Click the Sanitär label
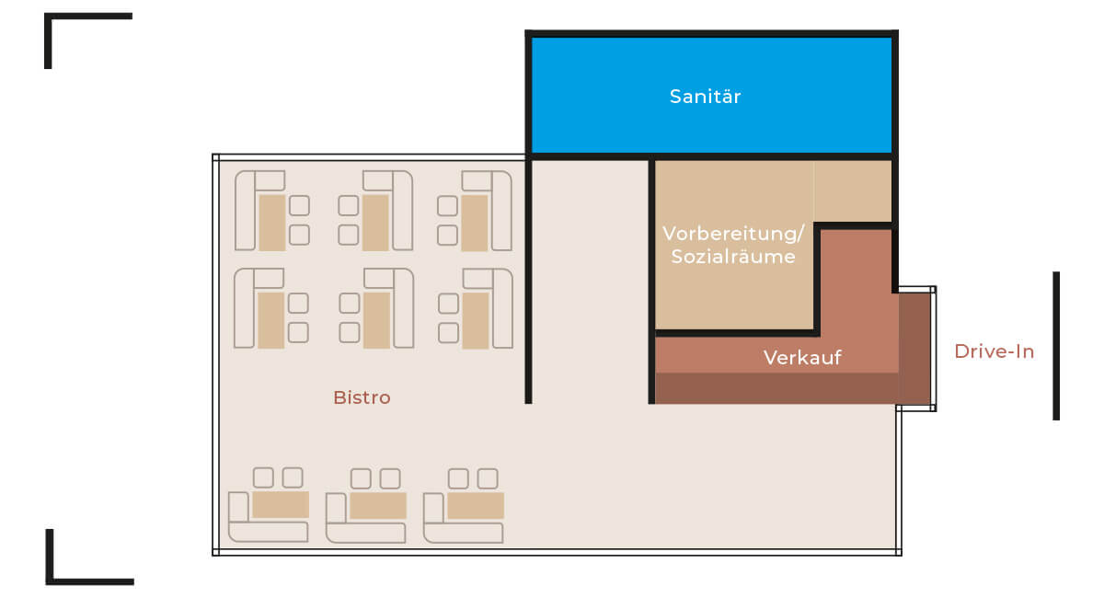pos(705,97)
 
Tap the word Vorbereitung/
pos(733,233)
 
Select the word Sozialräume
pos(733,257)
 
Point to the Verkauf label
pos(802,357)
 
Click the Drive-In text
pos(994,351)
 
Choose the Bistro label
pos(362,397)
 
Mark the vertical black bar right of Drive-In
pos(1056,345)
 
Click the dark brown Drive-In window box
pos(915,348)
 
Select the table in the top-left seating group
pos(271,223)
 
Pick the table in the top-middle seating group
pos(375,223)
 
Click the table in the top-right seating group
pos(474,223)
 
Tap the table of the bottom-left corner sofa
pos(280,505)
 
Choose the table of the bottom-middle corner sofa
pos(378,506)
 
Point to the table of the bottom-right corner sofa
pos(476,505)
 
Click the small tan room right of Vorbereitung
pos(853,190)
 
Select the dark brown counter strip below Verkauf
pos(776,388)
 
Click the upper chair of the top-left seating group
pos(299,205)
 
